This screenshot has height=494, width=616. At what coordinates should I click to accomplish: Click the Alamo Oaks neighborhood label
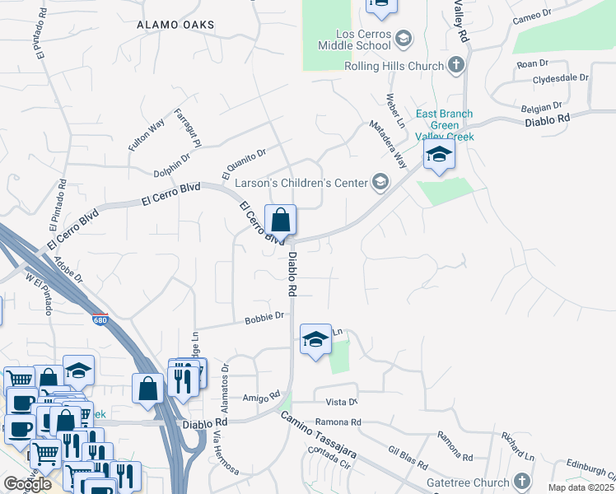coord(175,25)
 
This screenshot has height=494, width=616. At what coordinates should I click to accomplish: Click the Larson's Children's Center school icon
coord(380,182)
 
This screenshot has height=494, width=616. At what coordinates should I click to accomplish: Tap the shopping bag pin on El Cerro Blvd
coord(280,221)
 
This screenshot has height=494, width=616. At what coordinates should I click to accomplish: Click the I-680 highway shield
coord(100,319)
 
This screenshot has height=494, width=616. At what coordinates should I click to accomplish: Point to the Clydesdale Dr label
coord(561,79)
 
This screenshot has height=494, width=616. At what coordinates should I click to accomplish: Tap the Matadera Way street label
coord(388,145)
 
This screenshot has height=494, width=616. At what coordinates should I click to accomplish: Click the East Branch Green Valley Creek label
coord(444,125)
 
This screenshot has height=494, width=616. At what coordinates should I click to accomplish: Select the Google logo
coord(27,483)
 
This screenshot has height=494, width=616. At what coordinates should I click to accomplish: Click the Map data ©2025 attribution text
coord(581,487)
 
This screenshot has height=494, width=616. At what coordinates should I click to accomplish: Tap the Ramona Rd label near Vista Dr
coord(343,422)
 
